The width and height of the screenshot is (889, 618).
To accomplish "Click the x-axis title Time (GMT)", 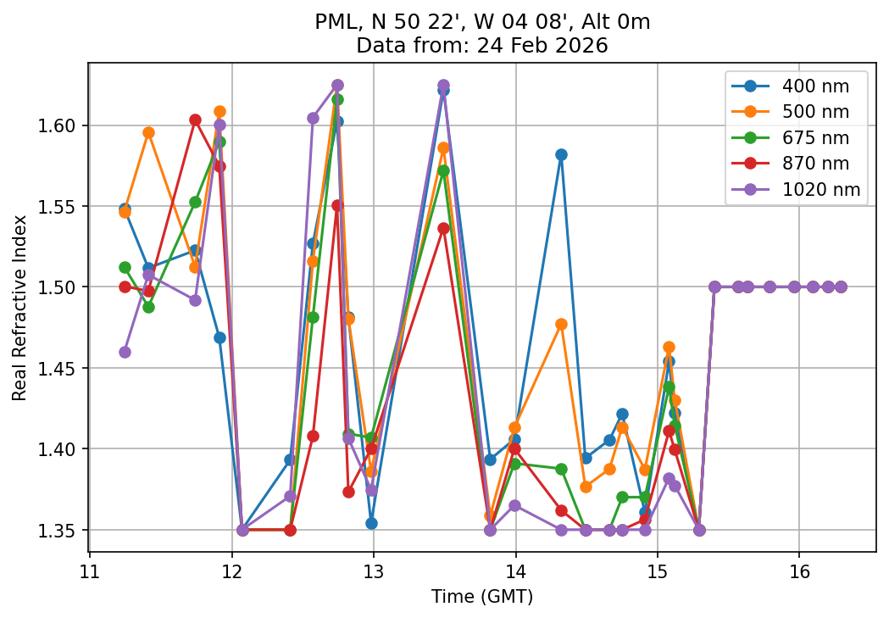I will click(482, 597).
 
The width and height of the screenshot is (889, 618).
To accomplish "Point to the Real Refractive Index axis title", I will click(19, 308).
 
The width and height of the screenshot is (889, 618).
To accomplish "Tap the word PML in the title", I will click(332, 22).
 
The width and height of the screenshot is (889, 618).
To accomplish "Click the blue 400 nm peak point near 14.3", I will click(561, 154).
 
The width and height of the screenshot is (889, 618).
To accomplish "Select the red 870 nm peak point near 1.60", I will click(195, 120).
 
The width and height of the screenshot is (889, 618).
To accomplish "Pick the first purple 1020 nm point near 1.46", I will click(125, 352).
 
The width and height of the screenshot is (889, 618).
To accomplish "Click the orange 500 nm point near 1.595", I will click(148, 132).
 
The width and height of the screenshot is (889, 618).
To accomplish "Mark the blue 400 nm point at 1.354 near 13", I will click(371, 523).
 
